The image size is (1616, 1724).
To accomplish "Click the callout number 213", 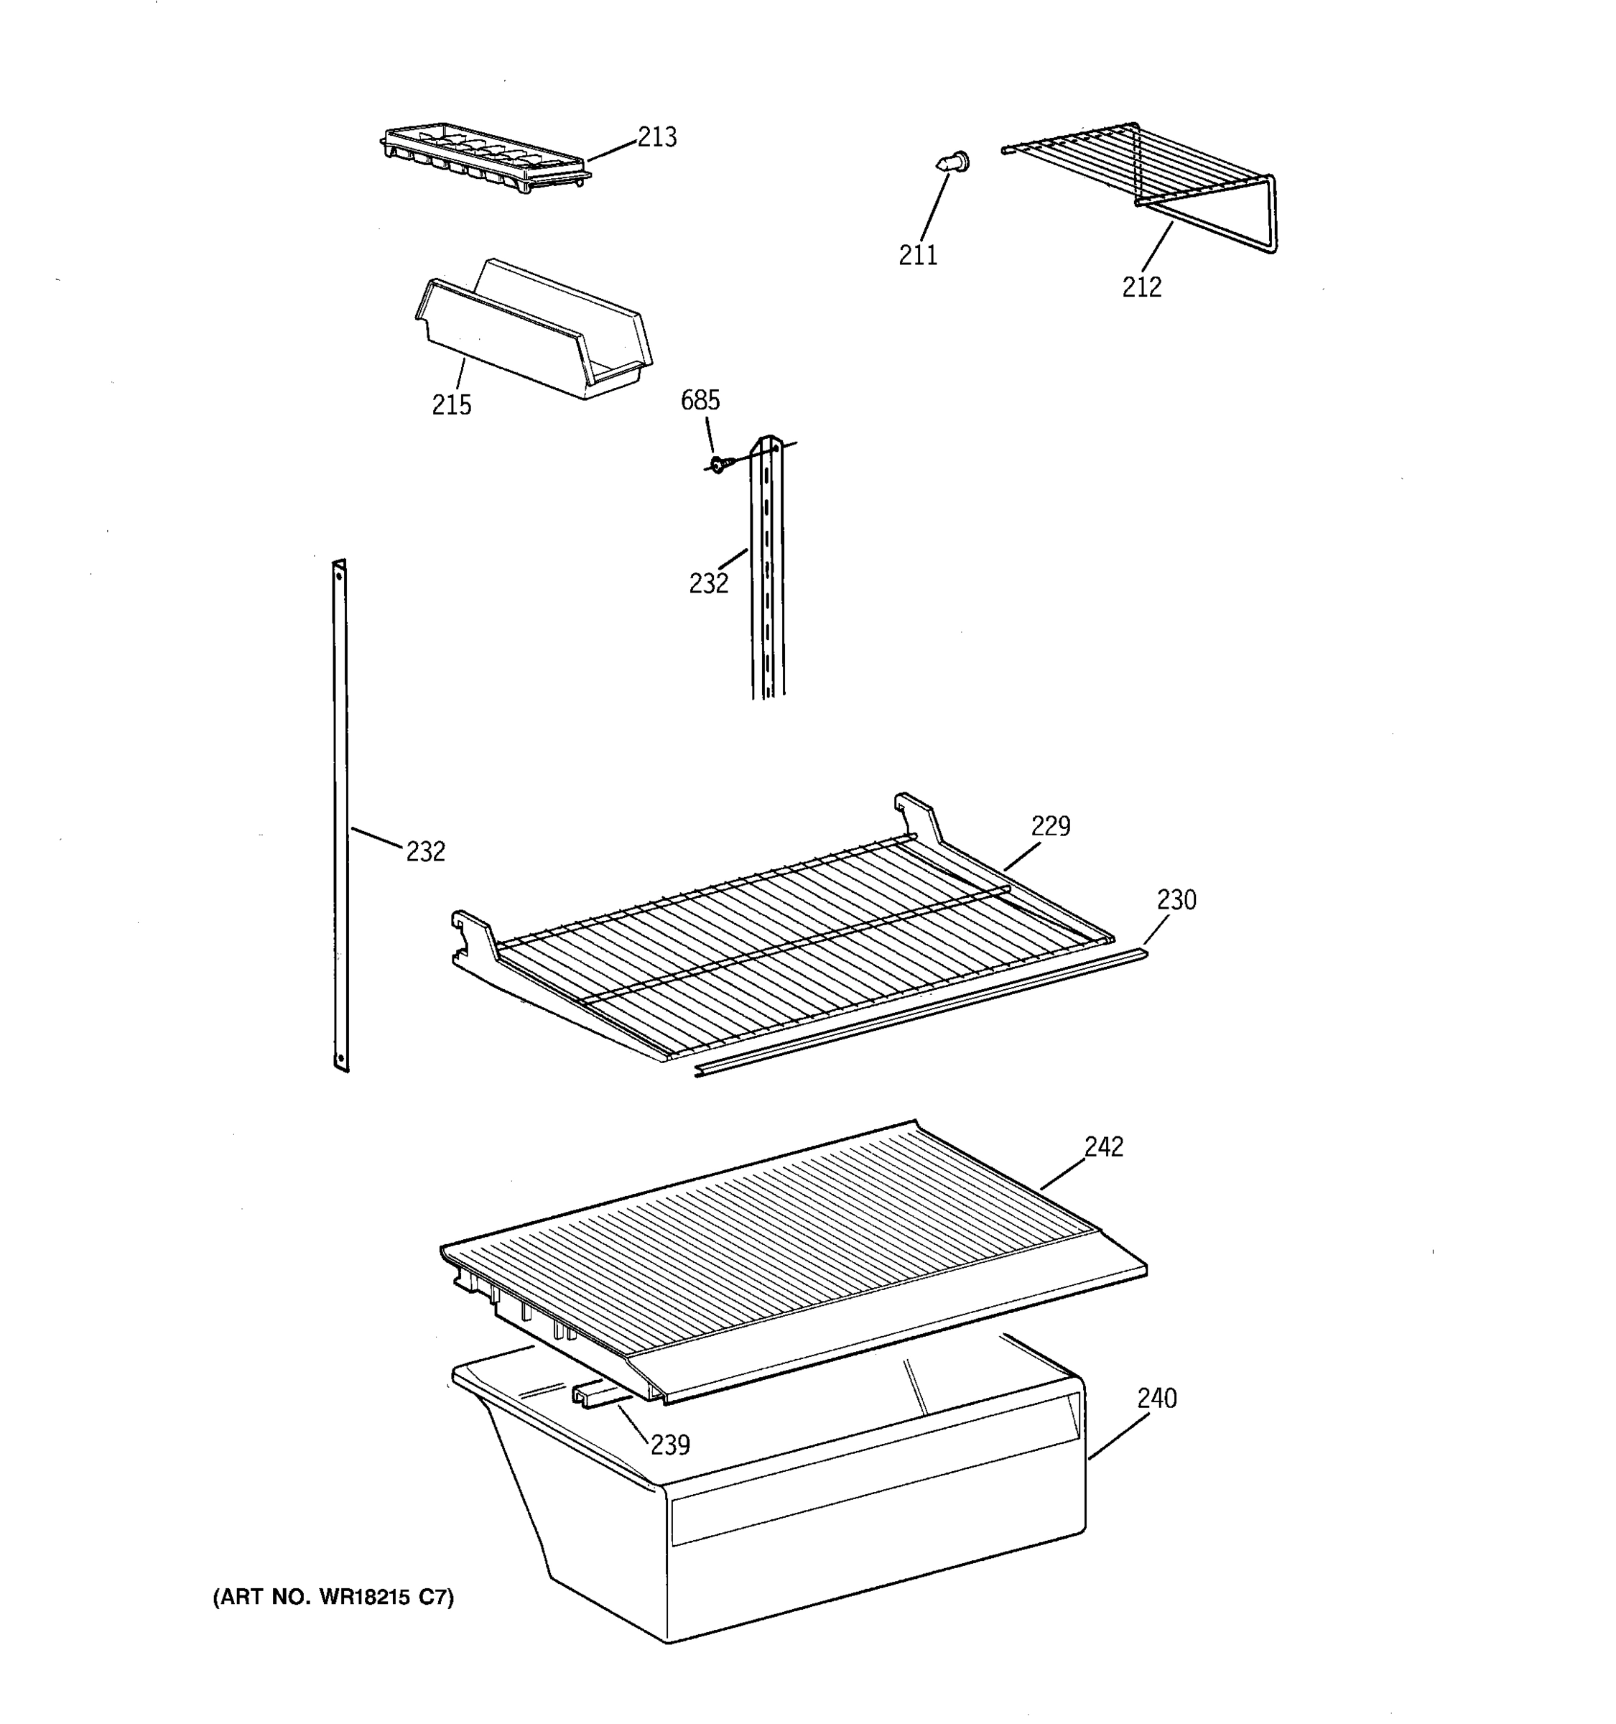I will (657, 137).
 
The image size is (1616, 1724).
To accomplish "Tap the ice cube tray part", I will (486, 156).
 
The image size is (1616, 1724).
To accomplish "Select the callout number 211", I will (917, 255).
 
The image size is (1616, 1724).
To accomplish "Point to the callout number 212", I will (1141, 287).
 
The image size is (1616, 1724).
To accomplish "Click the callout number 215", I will (452, 405).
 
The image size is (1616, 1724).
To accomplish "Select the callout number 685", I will (700, 400).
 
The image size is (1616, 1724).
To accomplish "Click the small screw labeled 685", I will (718, 465).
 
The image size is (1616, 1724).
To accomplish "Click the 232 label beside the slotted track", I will (708, 583).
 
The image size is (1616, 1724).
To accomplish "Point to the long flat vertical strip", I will (340, 815).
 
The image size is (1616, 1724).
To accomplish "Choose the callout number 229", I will (1050, 825).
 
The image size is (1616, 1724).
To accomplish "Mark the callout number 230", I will (1176, 900).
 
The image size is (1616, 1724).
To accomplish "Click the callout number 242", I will (1102, 1146).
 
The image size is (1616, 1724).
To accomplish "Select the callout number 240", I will (1156, 1398).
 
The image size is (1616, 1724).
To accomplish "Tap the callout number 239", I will (669, 1445).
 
